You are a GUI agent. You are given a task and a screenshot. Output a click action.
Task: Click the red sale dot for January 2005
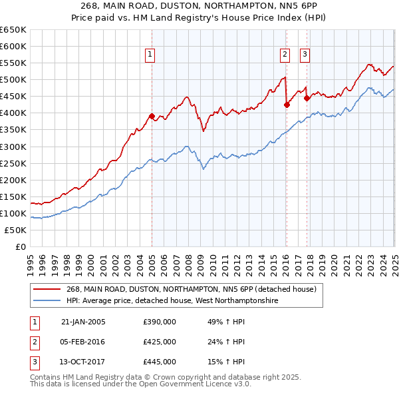coord(152,116)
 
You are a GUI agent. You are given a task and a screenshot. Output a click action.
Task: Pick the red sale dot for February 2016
coord(287,105)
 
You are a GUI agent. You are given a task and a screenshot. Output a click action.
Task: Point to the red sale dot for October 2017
coord(307,98)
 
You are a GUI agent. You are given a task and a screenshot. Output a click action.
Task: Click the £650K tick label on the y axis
coord(13,30)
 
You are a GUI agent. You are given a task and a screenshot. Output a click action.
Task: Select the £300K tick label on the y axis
coord(13,147)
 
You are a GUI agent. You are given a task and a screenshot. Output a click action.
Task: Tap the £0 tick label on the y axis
coord(21,246)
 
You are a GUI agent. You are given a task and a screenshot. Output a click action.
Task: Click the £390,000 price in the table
coord(160,322)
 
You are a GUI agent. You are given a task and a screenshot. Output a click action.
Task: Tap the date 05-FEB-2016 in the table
coord(83,342)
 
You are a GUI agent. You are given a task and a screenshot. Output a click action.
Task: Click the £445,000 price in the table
coord(160,362)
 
